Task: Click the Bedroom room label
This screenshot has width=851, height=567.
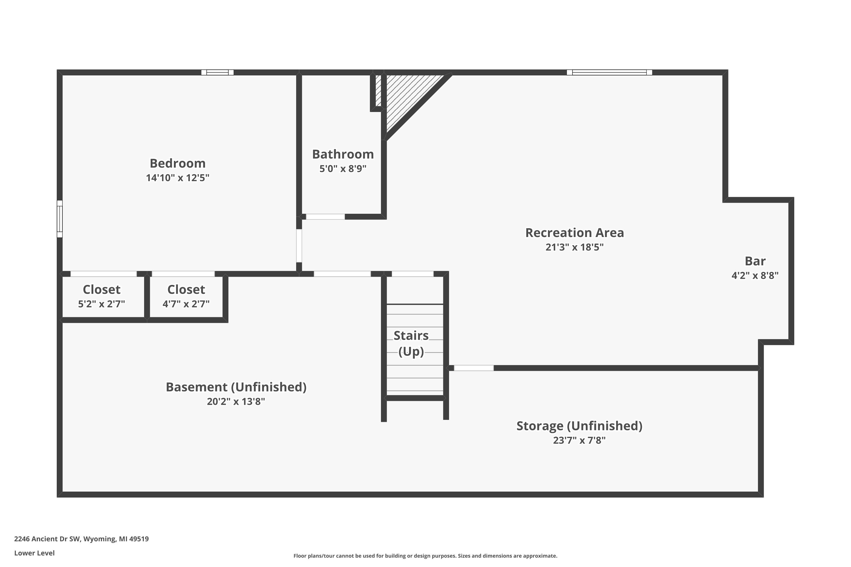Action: [x=177, y=164]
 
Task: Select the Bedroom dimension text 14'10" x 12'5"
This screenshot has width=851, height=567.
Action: [x=177, y=178]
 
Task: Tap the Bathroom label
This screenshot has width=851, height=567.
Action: [x=343, y=155]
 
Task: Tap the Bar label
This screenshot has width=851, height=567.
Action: [x=755, y=261]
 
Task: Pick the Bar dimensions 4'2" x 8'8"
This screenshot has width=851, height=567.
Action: [x=755, y=276]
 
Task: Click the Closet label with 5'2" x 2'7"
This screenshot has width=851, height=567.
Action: [x=101, y=290]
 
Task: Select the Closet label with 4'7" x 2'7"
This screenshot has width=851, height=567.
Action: [x=186, y=290]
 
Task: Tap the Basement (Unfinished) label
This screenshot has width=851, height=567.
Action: [x=236, y=387]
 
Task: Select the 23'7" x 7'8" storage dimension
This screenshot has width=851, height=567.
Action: [x=579, y=441]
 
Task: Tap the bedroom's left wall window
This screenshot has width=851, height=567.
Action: [x=60, y=219]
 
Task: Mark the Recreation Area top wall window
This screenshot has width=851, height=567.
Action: [x=609, y=72]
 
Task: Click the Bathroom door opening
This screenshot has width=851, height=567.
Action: [x=325, y=217]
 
